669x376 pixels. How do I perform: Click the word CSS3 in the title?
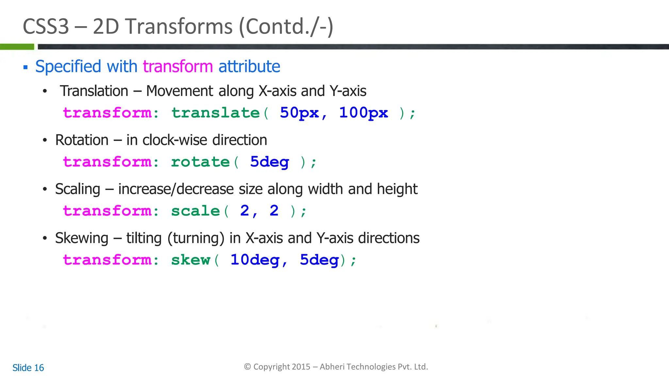click(x=46, y=26)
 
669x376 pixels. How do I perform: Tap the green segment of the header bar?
click(x=17, y=47)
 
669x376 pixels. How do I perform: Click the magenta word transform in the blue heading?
click(x=178, y=67)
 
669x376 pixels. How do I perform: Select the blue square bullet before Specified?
click(x=25, y=68)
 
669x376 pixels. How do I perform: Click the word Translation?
click(x=94, y=91)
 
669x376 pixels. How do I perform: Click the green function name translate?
click(x=216, y=113)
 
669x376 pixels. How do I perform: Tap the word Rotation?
click(x=82, y=140)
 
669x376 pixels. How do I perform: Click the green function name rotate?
click(x=200, y=162)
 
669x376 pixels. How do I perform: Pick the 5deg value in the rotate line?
click(x=269, y=162)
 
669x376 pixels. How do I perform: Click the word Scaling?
click(x=77, y=189)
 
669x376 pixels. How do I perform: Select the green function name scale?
click(x=195, y=211)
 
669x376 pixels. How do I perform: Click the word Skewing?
click(x=82, y=238)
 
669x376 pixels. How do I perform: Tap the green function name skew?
click(x=190, y=260)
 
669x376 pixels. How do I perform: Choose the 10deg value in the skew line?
click(x=255, y=260)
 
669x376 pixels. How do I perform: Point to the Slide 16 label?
click(x=28, y=368)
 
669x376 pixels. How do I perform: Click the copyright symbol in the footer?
click(x=248, y=367)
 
